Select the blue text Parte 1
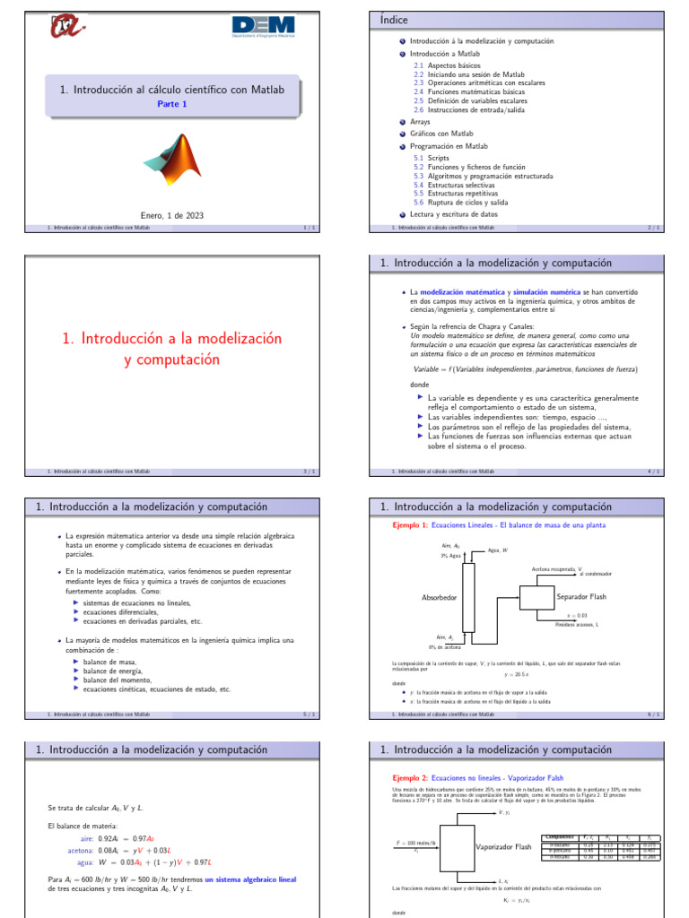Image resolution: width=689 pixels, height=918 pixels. point(173,104)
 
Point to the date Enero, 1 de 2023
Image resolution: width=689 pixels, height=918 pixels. point(172,215)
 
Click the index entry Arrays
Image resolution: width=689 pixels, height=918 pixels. point(420,121)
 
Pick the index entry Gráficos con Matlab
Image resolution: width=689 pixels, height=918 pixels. point(440,134)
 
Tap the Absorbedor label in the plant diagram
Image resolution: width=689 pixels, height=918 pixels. point(440,596)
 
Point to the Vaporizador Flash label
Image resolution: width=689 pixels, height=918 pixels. point(503,845)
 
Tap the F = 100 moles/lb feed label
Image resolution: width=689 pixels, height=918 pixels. point(416,844)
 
